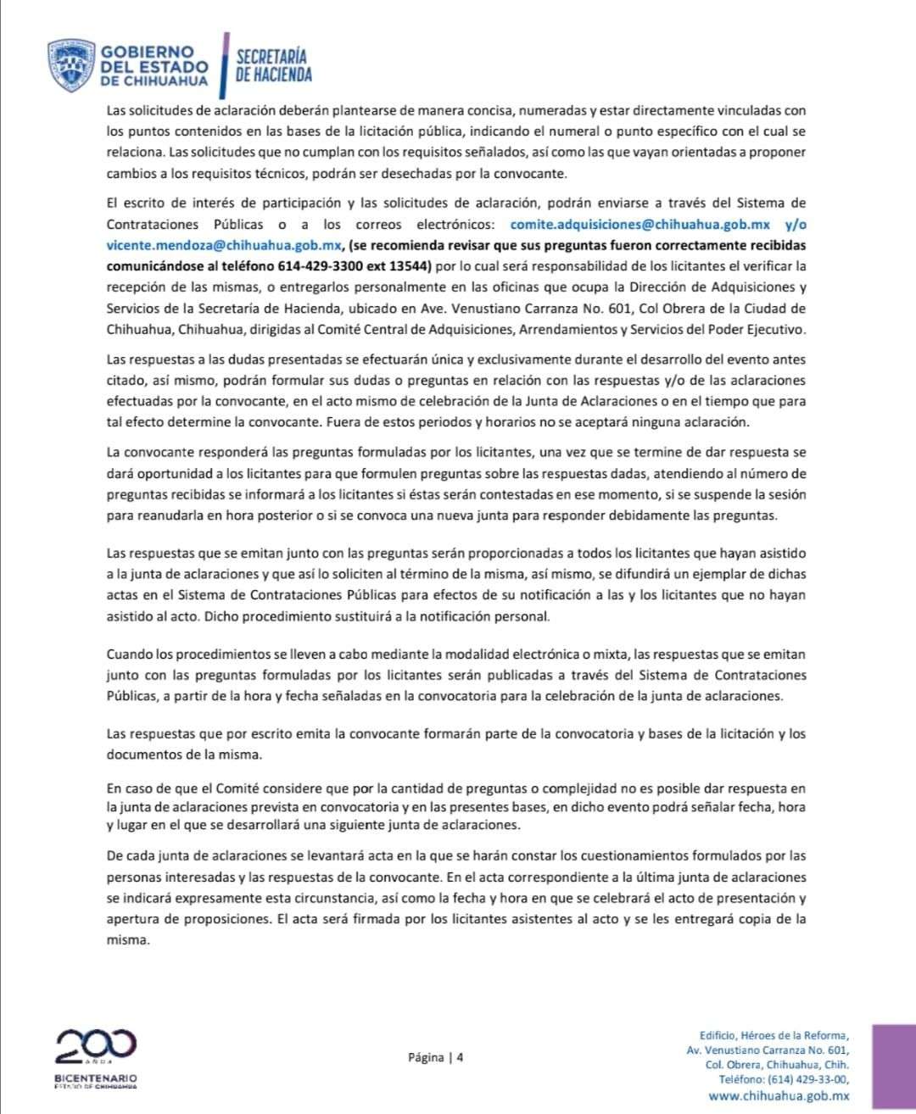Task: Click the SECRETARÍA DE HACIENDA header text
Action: tap(273, 65)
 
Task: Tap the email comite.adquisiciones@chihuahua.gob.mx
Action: tap(640, 225)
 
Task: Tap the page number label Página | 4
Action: tap(435, 1057)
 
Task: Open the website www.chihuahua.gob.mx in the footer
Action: tap(779, 1096)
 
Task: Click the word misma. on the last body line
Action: tap(128, 940)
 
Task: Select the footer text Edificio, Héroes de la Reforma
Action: tap(774, 1034)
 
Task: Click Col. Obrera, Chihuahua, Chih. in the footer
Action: tap(777, 1065)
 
